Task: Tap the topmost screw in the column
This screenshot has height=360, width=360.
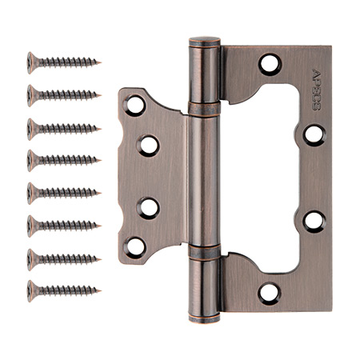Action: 64,61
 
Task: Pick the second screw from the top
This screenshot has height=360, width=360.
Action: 64,94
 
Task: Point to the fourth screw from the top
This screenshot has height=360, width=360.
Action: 64,158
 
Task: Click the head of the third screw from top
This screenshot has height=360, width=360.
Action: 34,126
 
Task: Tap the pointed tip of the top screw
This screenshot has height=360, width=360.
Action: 101,60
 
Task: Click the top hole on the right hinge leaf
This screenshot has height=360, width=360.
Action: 270,64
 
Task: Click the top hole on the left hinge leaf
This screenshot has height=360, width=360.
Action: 134,104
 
